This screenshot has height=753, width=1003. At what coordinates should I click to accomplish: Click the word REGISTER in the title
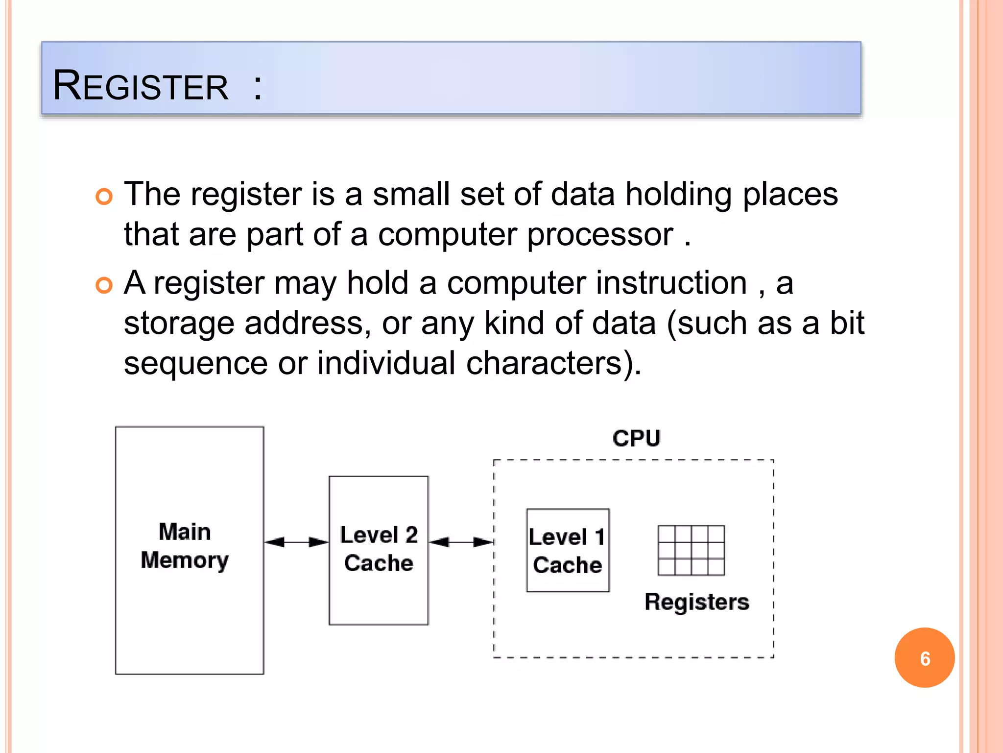[141, 86]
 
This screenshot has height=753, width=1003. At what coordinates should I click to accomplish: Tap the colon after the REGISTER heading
[258, 87]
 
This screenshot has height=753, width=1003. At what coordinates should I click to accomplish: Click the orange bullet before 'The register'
[104, 197]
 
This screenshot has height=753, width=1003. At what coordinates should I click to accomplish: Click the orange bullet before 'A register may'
[104, 285]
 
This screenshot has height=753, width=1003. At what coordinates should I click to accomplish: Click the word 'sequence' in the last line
[195, 364]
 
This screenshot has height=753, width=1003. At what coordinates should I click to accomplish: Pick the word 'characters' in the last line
[544, 364]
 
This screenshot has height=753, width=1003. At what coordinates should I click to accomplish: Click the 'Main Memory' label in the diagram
[185, 546]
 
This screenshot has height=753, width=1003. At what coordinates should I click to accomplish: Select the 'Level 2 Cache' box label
[379, 549]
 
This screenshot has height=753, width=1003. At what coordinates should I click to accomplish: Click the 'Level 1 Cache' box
[568, 551]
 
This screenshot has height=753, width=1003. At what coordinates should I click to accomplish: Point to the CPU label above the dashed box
[636, 438]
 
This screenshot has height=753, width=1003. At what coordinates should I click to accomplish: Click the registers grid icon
[691, 550]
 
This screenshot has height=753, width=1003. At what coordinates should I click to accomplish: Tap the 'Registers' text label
[696, 602]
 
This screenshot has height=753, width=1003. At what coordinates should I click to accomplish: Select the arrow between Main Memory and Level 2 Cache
[296, 542]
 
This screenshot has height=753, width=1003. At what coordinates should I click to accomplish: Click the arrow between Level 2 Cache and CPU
[461, 542]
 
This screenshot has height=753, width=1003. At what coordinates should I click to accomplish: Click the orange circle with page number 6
[924, 658]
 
